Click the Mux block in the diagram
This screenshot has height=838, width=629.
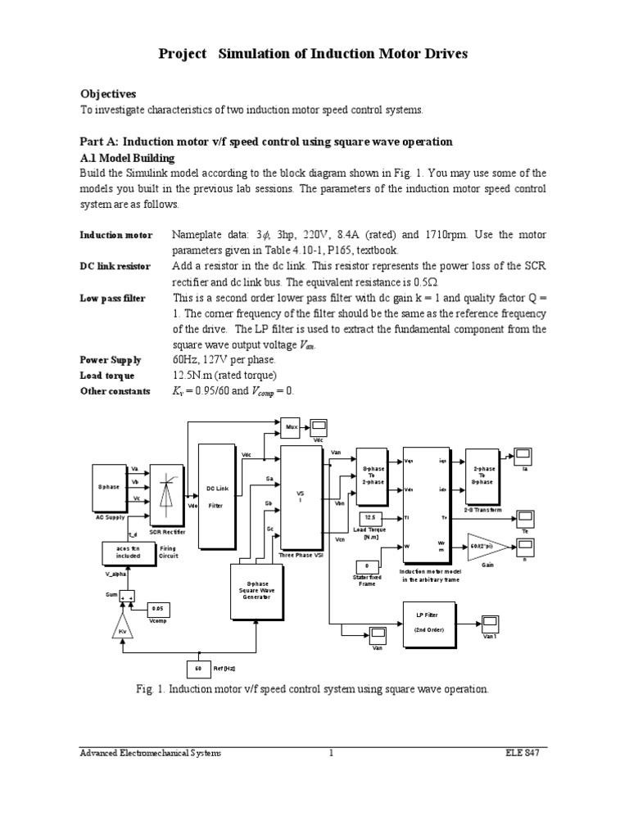(291, 426)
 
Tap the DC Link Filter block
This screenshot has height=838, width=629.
(216, 496)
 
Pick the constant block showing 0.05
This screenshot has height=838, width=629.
(159, 609)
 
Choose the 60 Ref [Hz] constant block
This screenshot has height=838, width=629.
(198, 669)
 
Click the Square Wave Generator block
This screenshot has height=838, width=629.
(256, 587)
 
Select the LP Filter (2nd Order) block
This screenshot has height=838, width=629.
(429, 624)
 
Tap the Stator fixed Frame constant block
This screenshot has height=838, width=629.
(367, 565)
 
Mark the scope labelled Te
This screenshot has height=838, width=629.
(525, 517)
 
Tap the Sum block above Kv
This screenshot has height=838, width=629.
(126, 597)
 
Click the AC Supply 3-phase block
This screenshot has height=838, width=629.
(109, 487)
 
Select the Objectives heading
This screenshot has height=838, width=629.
(107, 93)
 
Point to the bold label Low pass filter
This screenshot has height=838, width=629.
(112, 299)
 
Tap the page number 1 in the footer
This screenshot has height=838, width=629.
(332, 753)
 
